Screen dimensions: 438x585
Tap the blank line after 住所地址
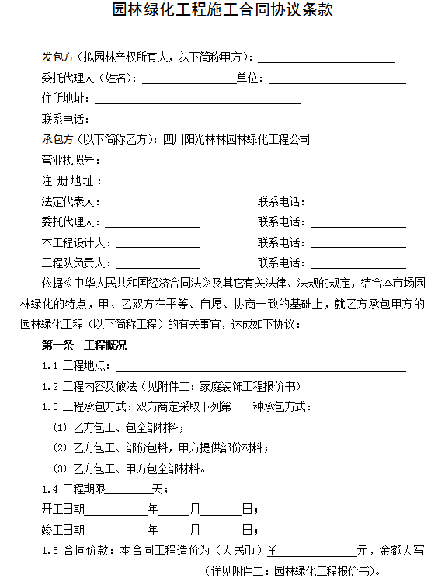point(197,99)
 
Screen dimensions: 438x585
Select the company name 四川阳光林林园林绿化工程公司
point(236,140)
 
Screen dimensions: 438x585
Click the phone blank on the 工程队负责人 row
point(358,263)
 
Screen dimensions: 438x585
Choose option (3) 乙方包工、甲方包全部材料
point(128,469)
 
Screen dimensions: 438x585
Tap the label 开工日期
point(63,510)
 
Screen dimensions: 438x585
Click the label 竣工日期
point(63,531)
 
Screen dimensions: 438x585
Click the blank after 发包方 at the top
point(326,58)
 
